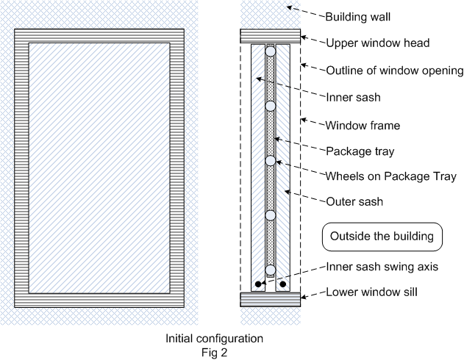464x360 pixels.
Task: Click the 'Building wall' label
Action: (x=359, y=15)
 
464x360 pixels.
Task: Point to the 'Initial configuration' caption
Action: (x=213, y=339)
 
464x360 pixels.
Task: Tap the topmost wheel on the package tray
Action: (x=271, y=52)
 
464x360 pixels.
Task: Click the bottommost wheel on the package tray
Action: (x=271, y=270)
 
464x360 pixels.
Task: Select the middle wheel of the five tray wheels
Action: (x=271, y=161)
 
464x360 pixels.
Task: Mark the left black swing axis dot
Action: (x=257, y=283)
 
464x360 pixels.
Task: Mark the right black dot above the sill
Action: (x=283, y=283)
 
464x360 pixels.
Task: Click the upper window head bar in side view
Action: (x=270, y=36)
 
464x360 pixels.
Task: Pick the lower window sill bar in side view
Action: (x=270, y=298)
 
